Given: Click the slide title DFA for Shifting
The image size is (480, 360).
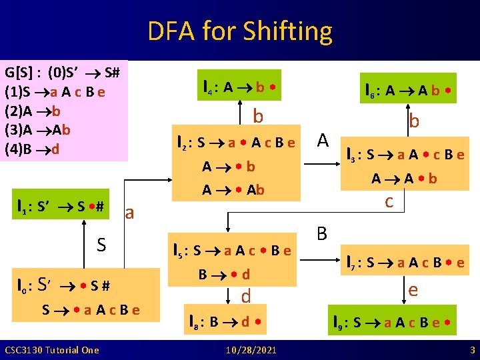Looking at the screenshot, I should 240,31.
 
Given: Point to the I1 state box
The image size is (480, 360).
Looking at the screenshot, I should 61,206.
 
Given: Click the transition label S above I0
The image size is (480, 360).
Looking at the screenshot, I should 101,245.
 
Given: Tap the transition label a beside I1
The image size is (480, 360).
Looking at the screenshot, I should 130,213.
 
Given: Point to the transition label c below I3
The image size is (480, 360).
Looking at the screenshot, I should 389,200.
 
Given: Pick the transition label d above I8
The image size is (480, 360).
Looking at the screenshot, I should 246,295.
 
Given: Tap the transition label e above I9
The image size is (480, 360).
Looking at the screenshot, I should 413,290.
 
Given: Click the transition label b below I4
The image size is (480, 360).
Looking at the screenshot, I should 258,116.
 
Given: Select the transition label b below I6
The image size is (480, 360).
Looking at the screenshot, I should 414,121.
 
